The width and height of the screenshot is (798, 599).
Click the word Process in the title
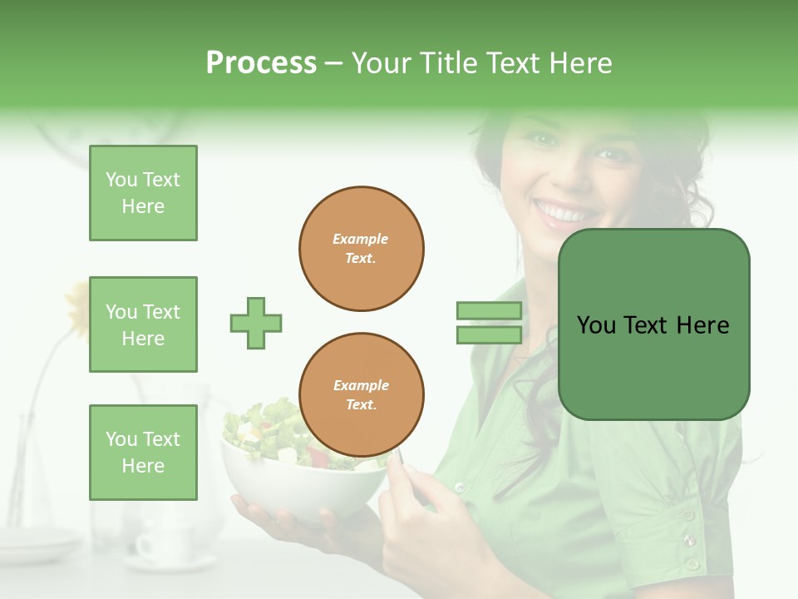(x=261, y=63)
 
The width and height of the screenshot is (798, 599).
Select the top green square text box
(x=143, y=193)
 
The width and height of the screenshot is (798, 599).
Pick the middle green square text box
(x=143, y=324)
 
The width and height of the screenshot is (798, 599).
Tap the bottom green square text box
(x=143, y=452)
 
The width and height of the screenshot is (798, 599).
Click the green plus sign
(x=256, y=323)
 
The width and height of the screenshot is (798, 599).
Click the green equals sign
(x=489, y=323)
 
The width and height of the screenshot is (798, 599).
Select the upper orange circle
(x=362, y=249)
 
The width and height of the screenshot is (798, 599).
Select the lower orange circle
(x=362, y=395)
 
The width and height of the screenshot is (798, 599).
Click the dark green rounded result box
(x=653, y=324)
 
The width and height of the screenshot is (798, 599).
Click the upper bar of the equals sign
(x=489, y=311)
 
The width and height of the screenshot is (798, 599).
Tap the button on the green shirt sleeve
(x=688, y=541)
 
